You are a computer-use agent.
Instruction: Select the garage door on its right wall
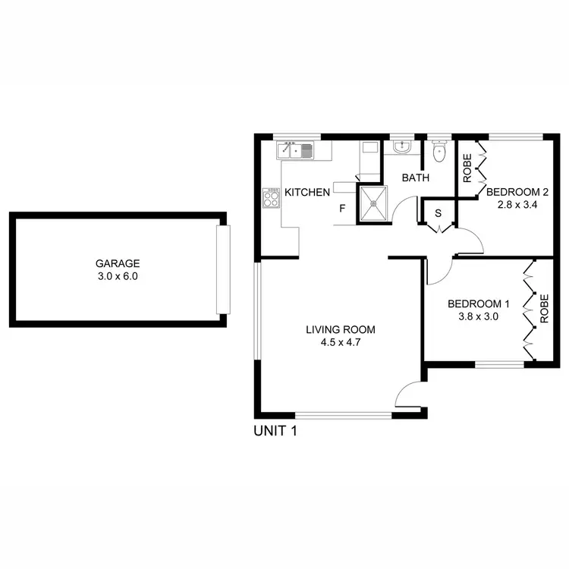point(222,269)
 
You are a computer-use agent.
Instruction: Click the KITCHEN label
point(307,192)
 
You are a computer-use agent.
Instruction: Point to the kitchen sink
point(298,150)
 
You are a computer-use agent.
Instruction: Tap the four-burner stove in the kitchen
point(271,199)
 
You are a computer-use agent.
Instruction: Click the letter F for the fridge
point(342,208)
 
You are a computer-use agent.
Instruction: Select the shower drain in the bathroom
point(373,204)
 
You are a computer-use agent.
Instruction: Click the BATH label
point(416,178)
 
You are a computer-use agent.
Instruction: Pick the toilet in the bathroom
point(437,153)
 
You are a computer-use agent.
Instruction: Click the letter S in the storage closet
point(438,213)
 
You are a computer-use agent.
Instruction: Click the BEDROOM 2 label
point(517,191)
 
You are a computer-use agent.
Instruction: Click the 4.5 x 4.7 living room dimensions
point(341,342)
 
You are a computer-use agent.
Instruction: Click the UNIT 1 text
point(274,432)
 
